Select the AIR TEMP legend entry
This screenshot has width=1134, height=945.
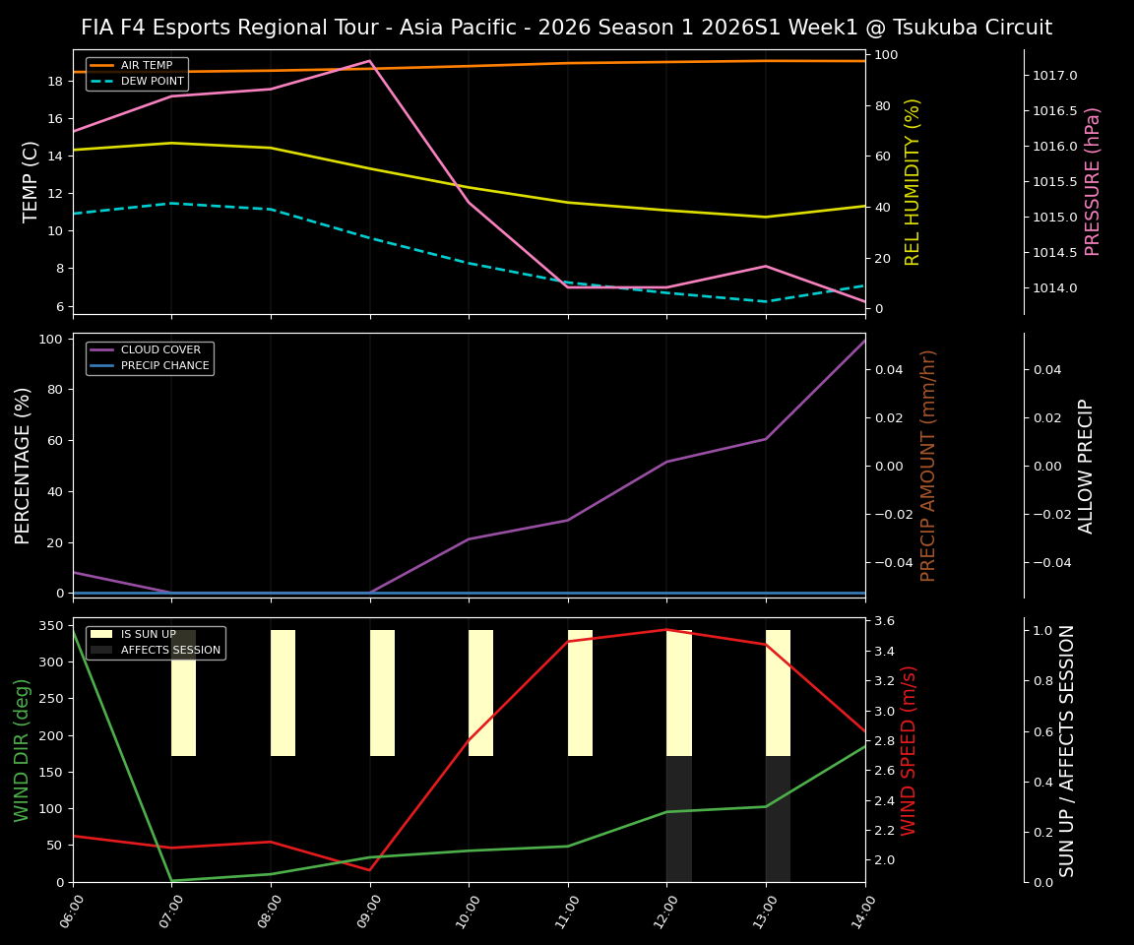tap(146, 65)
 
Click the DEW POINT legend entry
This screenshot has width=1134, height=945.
tap(152, 81)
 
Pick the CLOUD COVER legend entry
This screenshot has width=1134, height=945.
tap(160, 349)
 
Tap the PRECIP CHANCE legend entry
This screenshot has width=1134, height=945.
tap(164, 366)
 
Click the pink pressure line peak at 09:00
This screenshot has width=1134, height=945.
tap(370, 61)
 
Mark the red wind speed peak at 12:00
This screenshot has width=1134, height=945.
tap(666, 630)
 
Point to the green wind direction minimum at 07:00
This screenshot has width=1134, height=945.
tap(172, 880)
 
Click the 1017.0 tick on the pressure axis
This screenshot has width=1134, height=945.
tap(1054, 76)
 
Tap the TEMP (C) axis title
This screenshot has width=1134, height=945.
tap(31, 181)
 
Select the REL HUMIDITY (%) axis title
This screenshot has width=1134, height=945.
tap(913, 181)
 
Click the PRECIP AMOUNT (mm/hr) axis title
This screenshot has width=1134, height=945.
tap(928, 465)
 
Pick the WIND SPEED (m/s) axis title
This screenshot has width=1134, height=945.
tap(909, 750)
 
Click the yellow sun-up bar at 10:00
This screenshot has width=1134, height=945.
tap(480, 693)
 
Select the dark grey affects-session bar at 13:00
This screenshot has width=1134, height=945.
tap(778, 819)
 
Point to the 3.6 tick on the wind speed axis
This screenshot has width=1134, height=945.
tap(883, 621)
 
